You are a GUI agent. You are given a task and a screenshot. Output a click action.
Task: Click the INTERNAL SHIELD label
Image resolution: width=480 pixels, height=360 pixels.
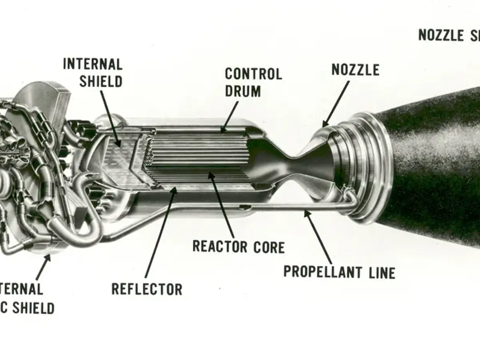(x=93, y=73)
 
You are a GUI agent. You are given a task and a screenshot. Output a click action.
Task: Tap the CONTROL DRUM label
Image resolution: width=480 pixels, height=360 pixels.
(x=253, y=82)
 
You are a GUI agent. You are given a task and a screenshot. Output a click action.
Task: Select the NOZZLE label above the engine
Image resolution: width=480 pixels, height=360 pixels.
(x=355, y=70)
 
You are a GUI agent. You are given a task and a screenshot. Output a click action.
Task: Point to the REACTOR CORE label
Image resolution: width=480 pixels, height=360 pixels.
(x=238, y=246)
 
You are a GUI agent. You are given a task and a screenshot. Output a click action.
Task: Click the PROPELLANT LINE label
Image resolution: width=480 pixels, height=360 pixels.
(x=339, y=272)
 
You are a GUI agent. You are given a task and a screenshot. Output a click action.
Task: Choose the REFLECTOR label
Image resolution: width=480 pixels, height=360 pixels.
(x=147, y=289)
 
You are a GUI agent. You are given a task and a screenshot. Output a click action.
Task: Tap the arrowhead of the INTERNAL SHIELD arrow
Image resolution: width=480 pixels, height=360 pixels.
(x=119, y=145)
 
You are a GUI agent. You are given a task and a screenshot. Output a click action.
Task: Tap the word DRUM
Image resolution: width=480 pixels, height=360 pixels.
(x=243, y=91)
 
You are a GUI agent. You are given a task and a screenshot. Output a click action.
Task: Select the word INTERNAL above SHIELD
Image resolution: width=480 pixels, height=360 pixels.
(x=93, y=64)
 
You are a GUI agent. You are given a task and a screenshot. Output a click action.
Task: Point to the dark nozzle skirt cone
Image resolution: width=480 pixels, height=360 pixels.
(x=432, y=168)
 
